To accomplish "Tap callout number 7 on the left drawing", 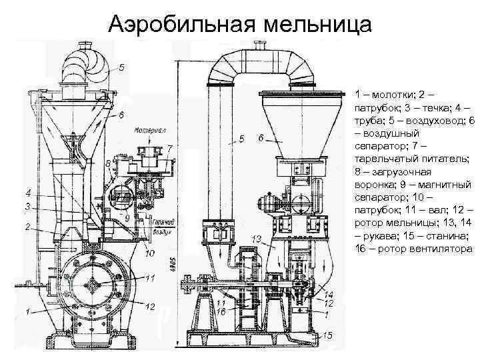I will point(171,148).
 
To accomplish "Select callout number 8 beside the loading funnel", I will point(108,163).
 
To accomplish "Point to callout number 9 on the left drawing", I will point(127,217).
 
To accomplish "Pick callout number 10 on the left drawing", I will point(149,253).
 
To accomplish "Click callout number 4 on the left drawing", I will point(28,193).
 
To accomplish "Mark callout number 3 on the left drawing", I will point(28,207).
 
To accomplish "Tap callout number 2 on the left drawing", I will point(28,227).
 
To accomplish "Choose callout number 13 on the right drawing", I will point(257,238).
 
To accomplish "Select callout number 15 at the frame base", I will point(327,335).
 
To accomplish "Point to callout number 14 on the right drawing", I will point(329,294).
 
